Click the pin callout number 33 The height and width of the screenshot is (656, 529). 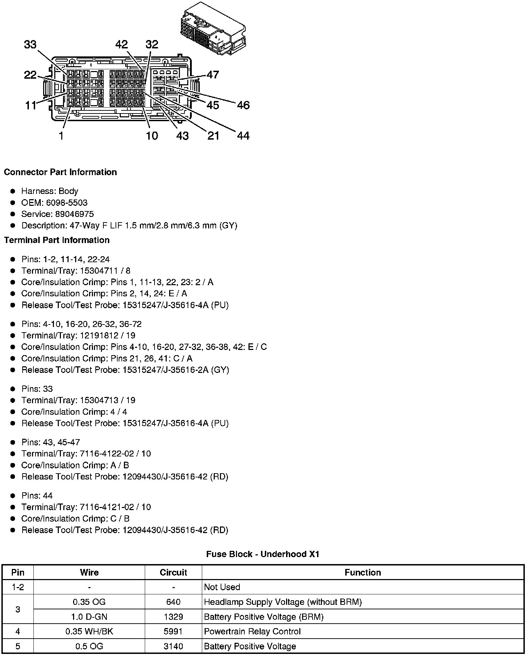point(30,45)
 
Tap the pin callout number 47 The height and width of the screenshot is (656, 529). point(213,75)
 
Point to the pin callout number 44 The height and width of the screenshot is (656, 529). point(243,135)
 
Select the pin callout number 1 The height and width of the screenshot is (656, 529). point(61,136)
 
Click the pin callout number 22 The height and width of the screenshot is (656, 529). point(30,75)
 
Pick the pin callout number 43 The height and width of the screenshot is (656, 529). point(182,136)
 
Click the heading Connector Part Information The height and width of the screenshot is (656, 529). point(60,172)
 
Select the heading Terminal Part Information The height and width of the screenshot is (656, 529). point(57,240)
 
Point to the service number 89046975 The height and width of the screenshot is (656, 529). point(74,214)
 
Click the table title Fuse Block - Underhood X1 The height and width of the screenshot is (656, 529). point(263,554)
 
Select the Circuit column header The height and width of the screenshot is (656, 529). point(173,572)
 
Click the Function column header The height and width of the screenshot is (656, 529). point(363,572)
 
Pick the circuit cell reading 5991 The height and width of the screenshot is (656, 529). point(173,631)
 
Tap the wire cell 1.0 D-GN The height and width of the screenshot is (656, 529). point(89,617)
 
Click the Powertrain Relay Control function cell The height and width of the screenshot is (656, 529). point(252,631)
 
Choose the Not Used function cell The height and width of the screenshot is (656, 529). point(222,587)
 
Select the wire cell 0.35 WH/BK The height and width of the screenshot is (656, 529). point(89,631)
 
